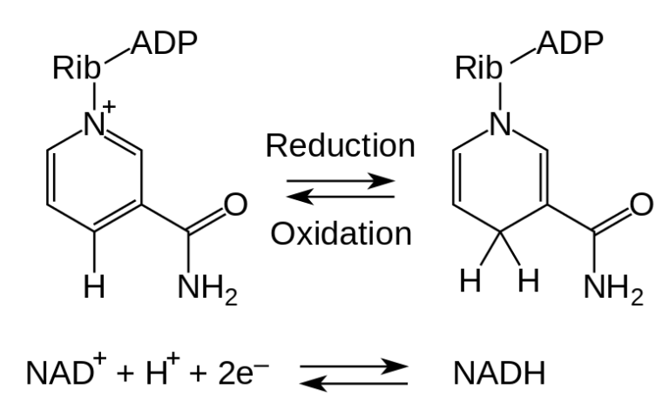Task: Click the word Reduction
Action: [341, 144]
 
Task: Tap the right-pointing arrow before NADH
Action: [354, 365]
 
